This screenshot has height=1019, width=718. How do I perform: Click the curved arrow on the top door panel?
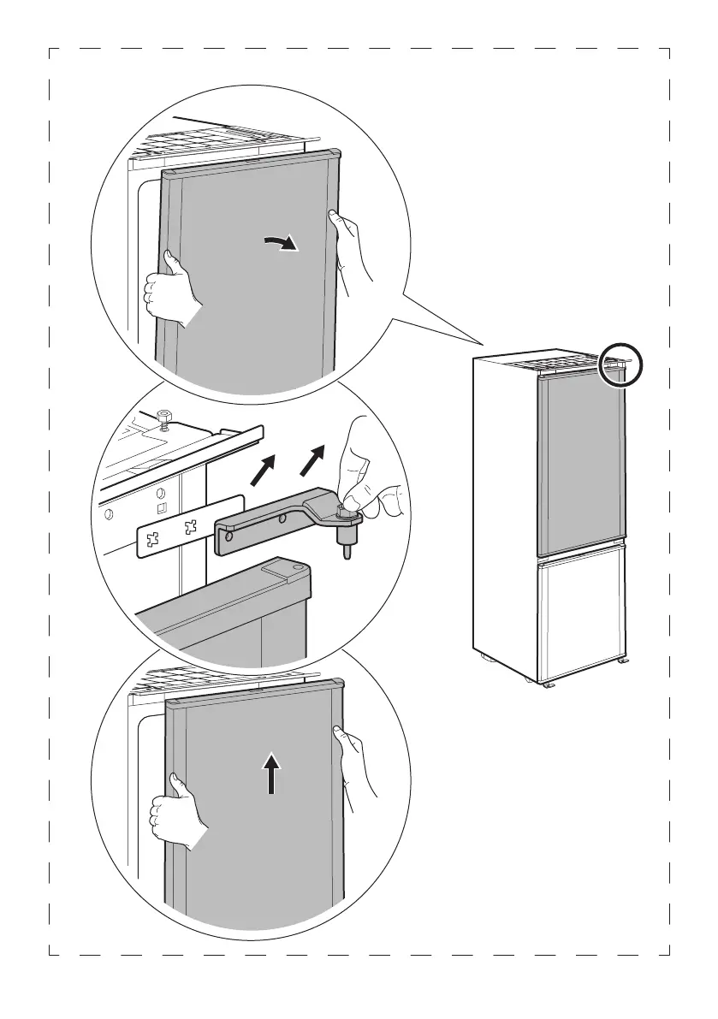[282, 245]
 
